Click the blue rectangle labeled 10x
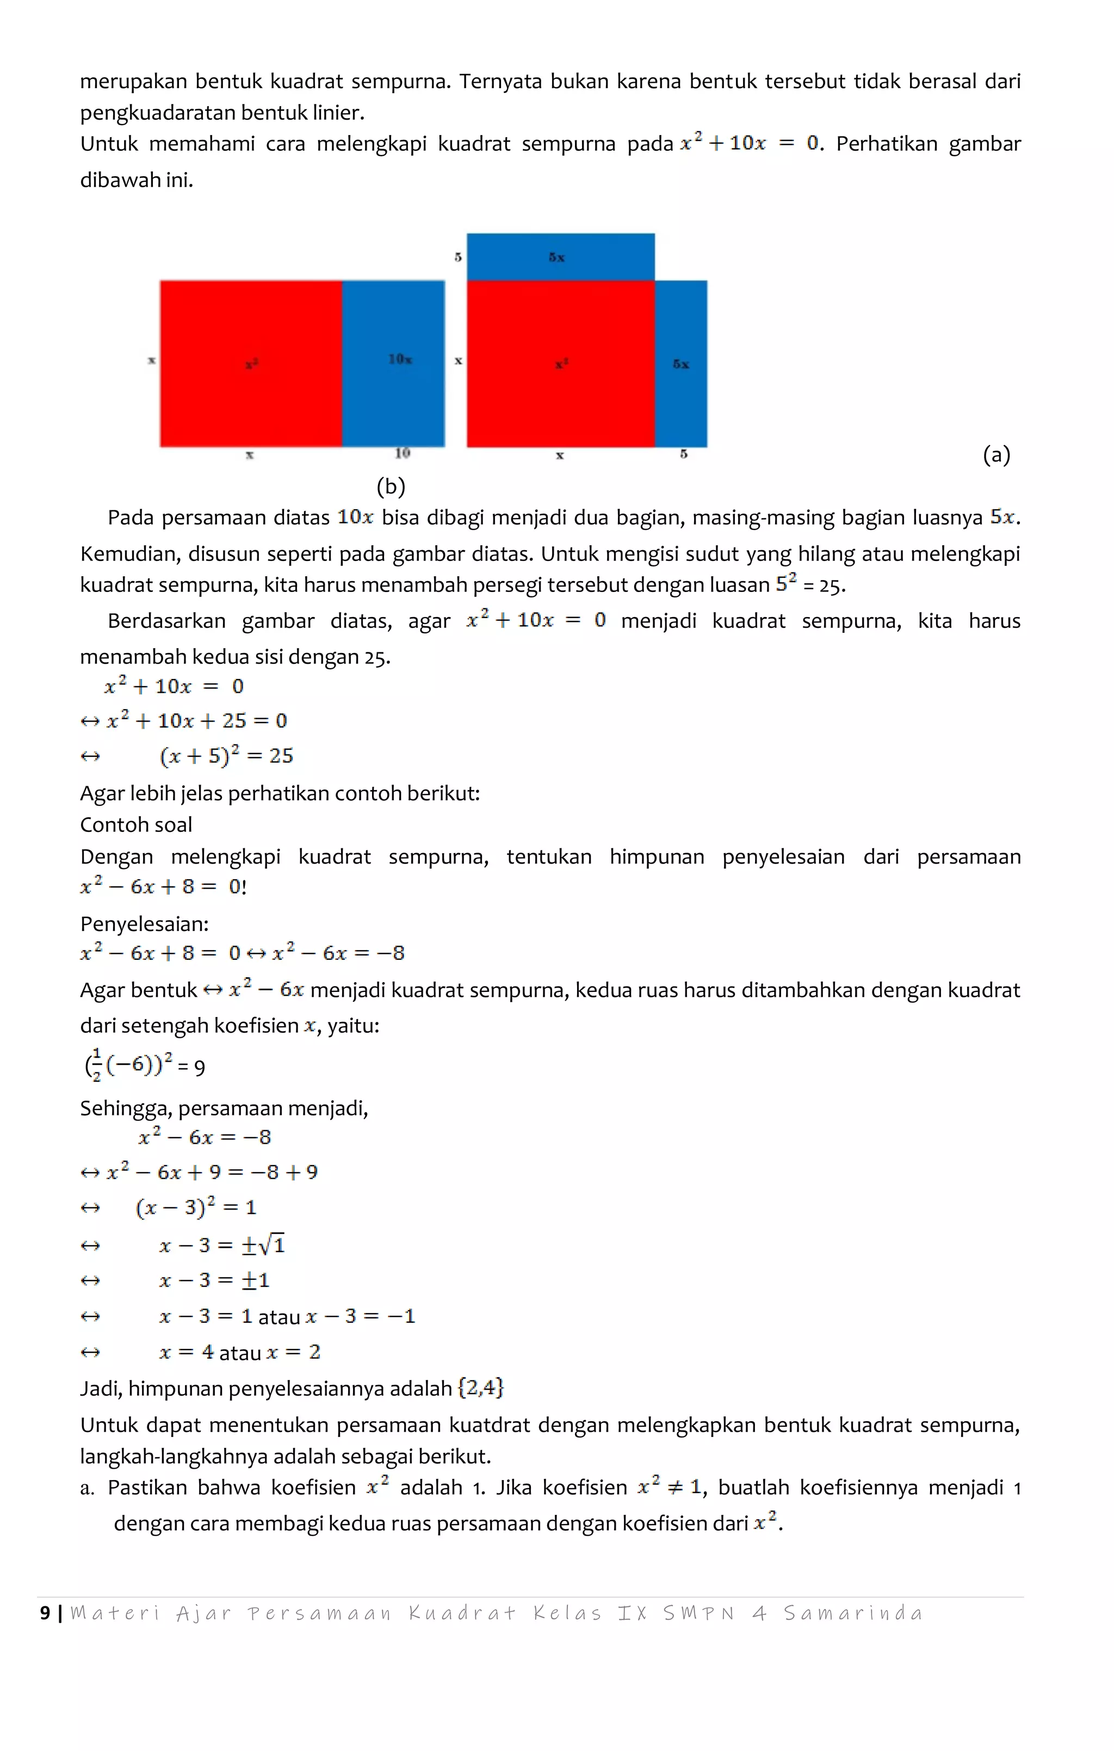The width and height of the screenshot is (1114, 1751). [393, 363]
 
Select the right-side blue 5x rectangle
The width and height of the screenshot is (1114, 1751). [680, 363]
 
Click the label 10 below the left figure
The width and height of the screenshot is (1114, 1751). [402, 454]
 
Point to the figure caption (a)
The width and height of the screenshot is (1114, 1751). [996, 455]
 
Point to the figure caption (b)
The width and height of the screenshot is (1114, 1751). [391, 486]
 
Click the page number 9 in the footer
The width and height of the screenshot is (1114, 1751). [45, 1613]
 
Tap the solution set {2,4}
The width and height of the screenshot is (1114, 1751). [481, 1388]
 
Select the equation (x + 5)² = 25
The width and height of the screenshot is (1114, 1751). [226, 755]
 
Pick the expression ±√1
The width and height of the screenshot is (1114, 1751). [263, 1245]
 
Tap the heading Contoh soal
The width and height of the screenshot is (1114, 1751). [136, 824]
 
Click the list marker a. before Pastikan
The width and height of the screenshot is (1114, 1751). [86, 1488]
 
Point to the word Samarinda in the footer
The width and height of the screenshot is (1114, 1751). [852, 1613]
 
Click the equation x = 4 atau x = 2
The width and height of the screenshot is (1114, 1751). [240, 1352]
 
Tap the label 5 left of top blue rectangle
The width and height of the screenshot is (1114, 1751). [457, 257]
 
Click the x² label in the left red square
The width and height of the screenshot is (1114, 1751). [251, 363]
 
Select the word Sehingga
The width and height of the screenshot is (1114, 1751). [125, 1108]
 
